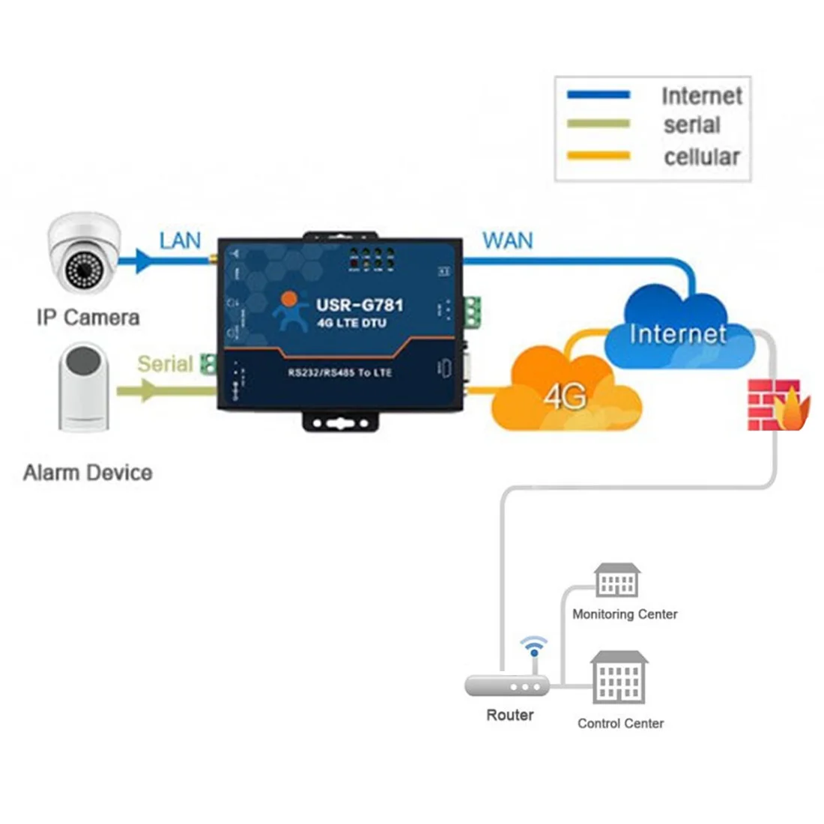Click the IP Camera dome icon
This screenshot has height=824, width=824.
point(84,255)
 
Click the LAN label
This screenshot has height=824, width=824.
point(180,240)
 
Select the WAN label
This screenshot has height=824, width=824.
point(508,240)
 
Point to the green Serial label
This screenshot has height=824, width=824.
point(165,364)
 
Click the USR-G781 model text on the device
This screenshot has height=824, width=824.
point(360,305)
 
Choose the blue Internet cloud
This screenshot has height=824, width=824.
point(678,330)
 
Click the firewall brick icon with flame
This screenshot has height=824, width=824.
point(778,405)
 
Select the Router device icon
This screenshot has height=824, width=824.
point(507,685)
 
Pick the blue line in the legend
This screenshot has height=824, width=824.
point(599,95)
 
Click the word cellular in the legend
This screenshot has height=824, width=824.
point(702,157)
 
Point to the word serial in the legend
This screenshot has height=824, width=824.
point(691,125)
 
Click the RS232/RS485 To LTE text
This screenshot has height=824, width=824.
point(340,372)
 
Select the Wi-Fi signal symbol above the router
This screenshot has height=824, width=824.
point(534,645)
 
